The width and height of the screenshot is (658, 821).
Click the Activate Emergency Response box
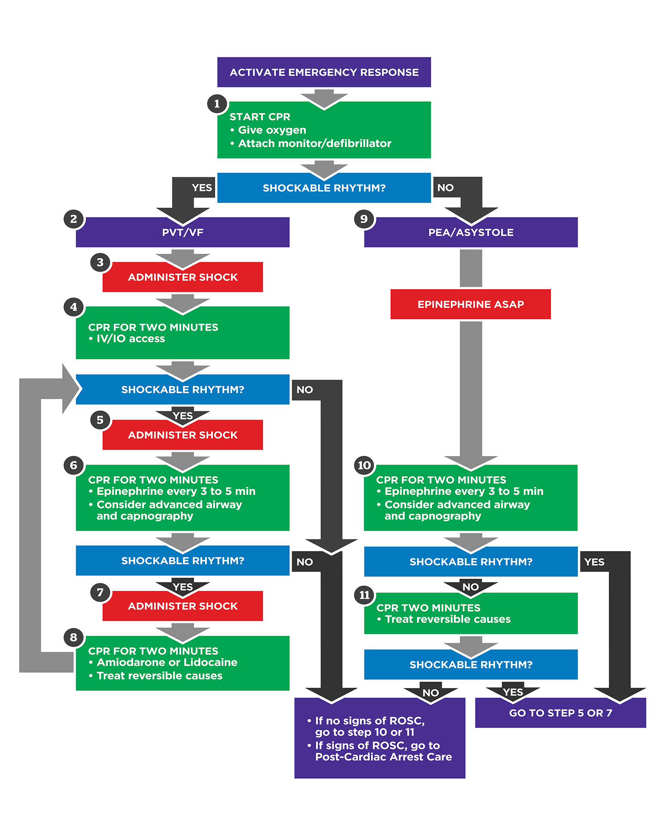pyautogui.click(x=324, y=72)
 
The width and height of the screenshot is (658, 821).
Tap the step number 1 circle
pyautogui.click(x=217, y=104)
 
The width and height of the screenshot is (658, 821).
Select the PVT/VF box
pyautogui.click(x=182, y=232)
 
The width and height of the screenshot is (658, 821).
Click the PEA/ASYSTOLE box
pyautogui.click(x=471, y=232)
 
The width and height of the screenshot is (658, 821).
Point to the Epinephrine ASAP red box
pyautogui.click(x=470, y=304)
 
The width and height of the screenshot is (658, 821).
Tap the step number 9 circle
pyautogui.click(x=364, y=219)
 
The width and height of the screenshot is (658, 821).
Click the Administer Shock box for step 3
pyautogui.click(x=182, y=277)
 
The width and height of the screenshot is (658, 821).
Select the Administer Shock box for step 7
pyautogui.click(x=182, y=606)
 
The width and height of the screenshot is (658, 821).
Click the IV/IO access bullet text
pyautogui.click(x=130, y=339)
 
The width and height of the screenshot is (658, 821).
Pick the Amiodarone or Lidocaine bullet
pyautogui.click(x=167, y=663)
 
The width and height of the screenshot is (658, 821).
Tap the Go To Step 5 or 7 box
pyautogui.click(x=560, y=713)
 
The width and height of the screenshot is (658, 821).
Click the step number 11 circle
pyautogui.click(x=364, y=595)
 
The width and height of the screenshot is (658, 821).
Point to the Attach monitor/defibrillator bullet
pyautogui.click(x=314, y=143)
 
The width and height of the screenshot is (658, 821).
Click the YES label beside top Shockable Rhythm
pyautogui.click(x=202, y=188)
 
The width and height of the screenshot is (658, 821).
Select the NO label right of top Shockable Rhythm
pyautogui.click(x=446, y=188)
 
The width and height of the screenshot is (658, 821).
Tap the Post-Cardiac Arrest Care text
pyautogui.click(x=383, y=757)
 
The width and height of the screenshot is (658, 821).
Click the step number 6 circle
pyautogui.click(x=74, y=465)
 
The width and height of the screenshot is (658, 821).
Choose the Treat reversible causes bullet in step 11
pyautogui.click(x=448, y=619)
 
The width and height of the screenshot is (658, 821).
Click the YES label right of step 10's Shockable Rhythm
pyautogui.click(x=594, y=562)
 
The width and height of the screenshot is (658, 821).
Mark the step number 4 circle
pyautogui.click(x=74, y=307)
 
